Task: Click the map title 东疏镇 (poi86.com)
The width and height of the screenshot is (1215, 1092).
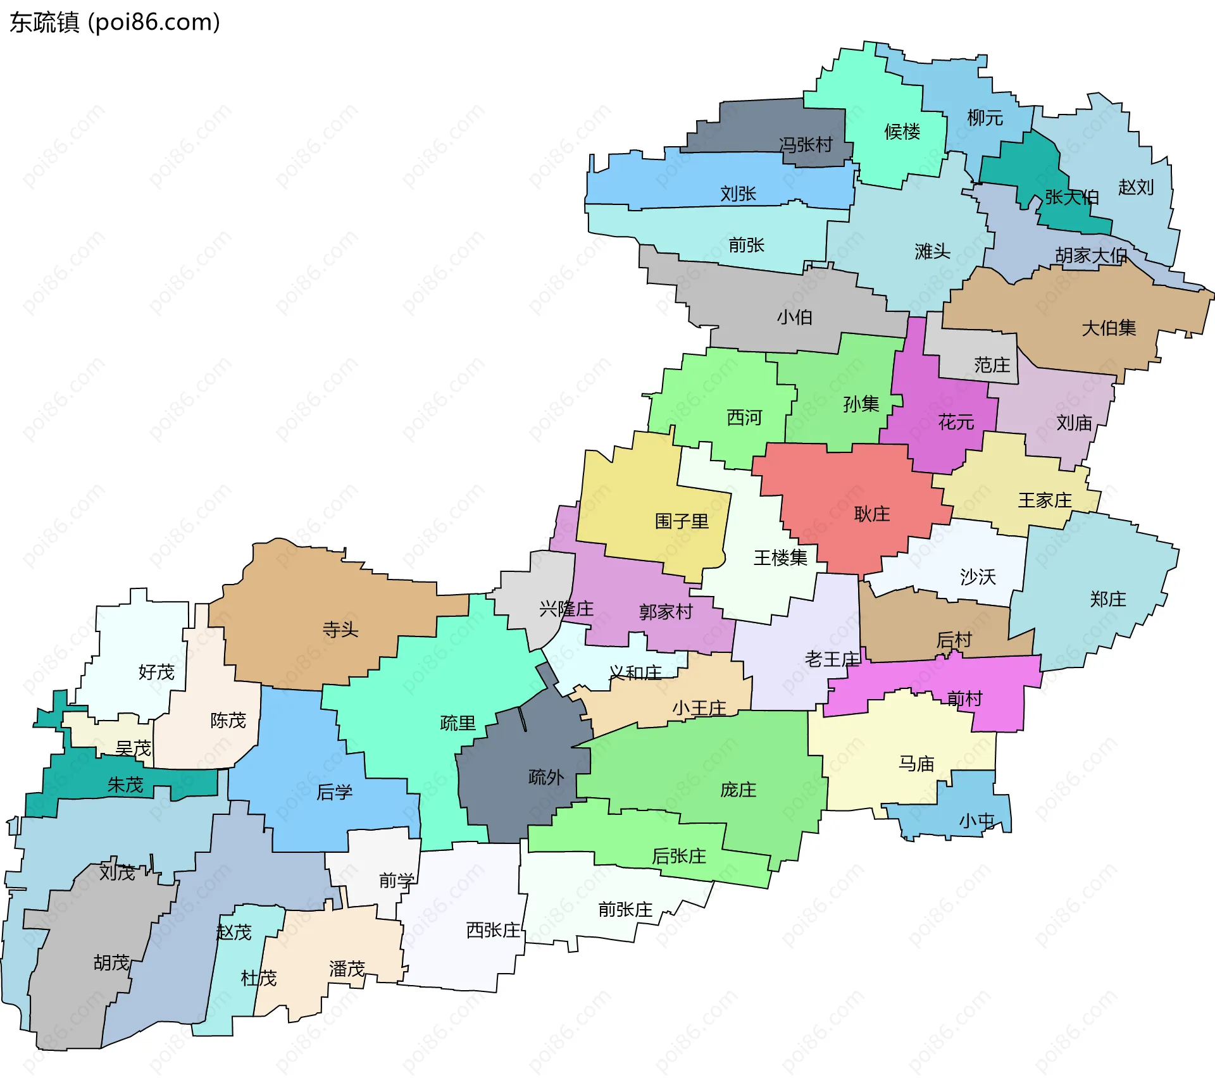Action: [115, 22]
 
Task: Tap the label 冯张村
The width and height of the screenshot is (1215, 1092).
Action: [805, 145]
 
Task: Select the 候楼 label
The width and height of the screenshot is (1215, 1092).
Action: [902, 132]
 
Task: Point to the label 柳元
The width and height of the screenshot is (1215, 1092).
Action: [985, 118]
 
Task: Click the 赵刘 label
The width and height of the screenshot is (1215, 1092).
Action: [1135, 187]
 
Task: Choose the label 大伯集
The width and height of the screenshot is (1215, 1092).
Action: [1109, 328]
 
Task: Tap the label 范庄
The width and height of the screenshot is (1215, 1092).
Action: [992, 365]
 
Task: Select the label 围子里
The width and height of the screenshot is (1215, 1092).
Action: [682, 521]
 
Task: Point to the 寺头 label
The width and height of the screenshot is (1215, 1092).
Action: [340, 630]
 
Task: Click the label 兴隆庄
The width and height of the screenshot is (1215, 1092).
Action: [566, 609]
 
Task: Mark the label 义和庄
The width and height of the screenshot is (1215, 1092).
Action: [635, 673]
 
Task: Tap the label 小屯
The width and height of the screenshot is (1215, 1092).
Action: [976, 821]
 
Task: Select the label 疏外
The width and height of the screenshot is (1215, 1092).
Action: [545, 777]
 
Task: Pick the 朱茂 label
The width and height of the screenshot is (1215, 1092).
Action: [125, 785]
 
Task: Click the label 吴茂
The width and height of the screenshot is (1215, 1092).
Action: [133, 748]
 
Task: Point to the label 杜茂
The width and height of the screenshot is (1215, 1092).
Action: [259, 978]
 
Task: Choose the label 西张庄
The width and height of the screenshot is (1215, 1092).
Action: [493, 930]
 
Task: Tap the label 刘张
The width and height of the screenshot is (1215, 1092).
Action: [738, 194]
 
